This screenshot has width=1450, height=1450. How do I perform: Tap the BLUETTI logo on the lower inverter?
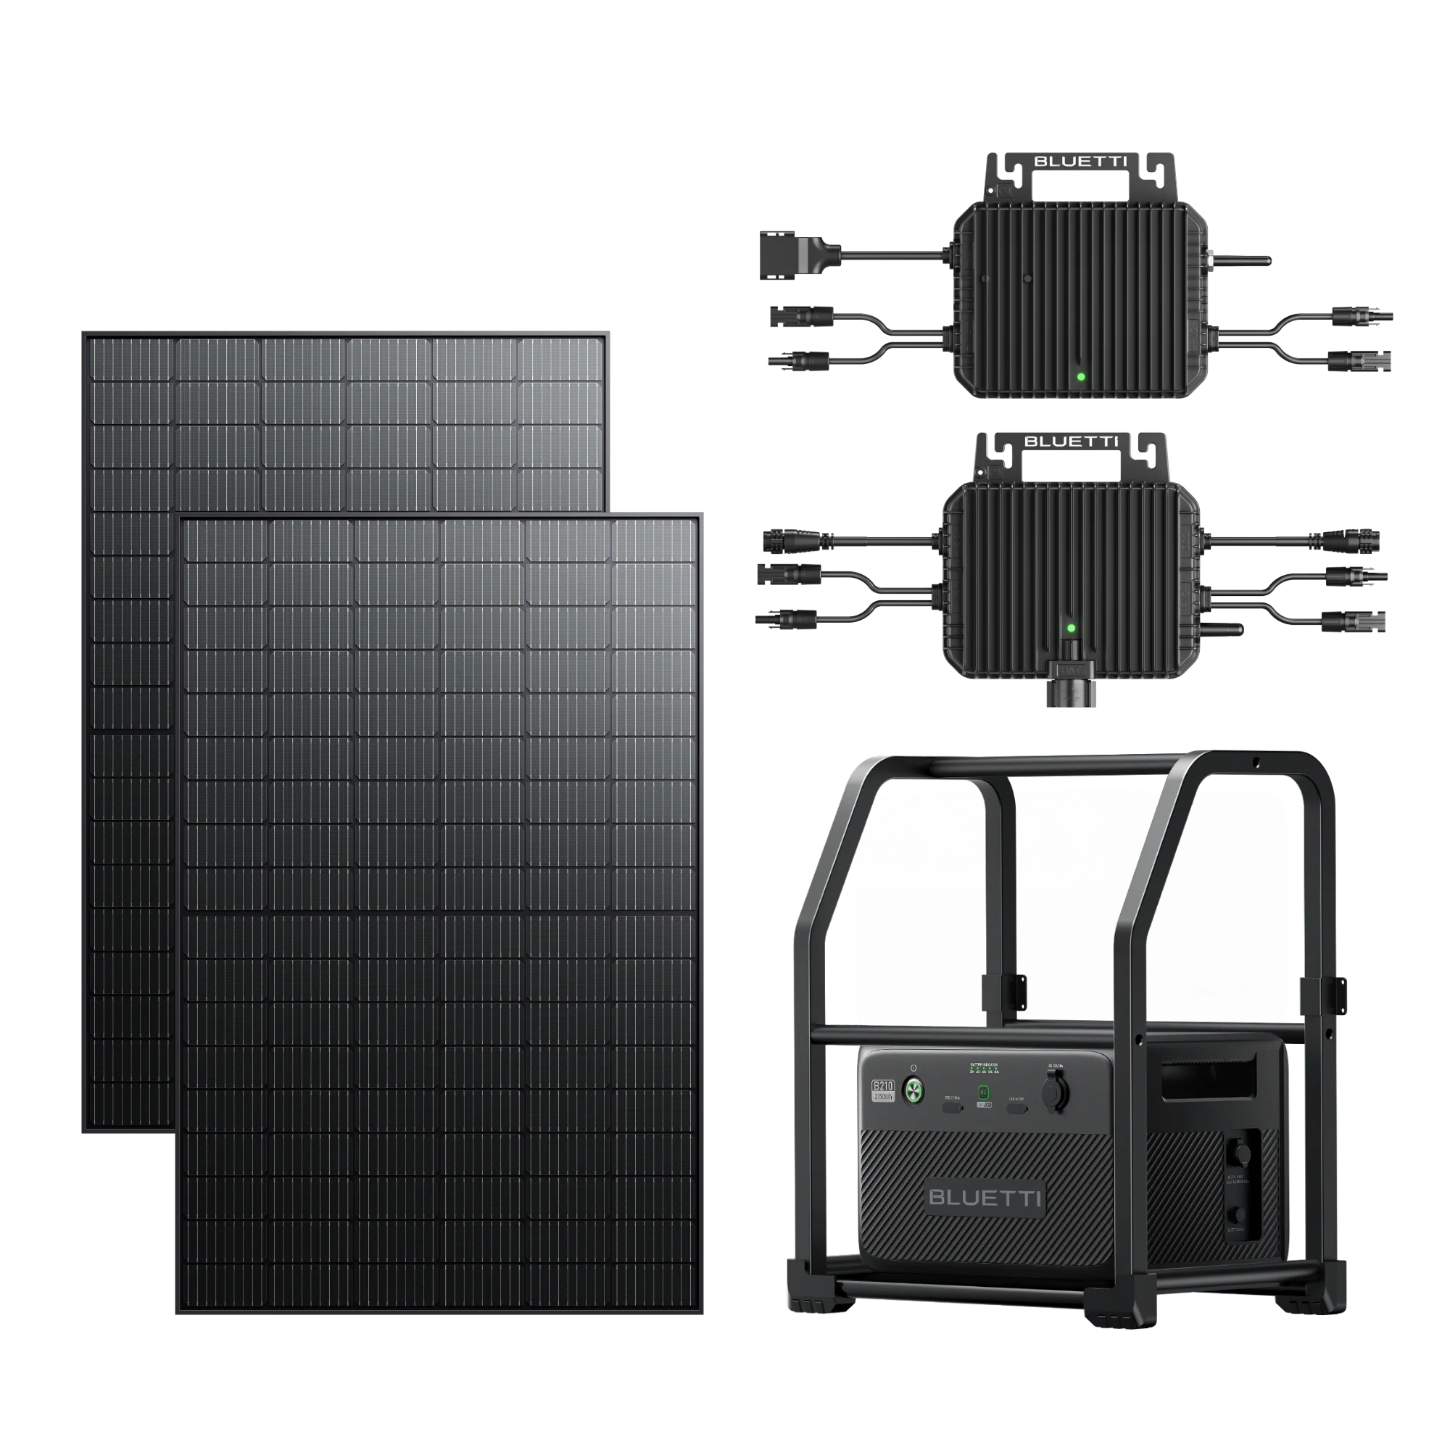1070,442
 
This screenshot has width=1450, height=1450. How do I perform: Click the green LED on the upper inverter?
1081,377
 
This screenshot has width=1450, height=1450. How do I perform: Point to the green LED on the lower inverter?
1071,627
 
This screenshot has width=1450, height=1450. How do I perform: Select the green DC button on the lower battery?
984,1093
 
